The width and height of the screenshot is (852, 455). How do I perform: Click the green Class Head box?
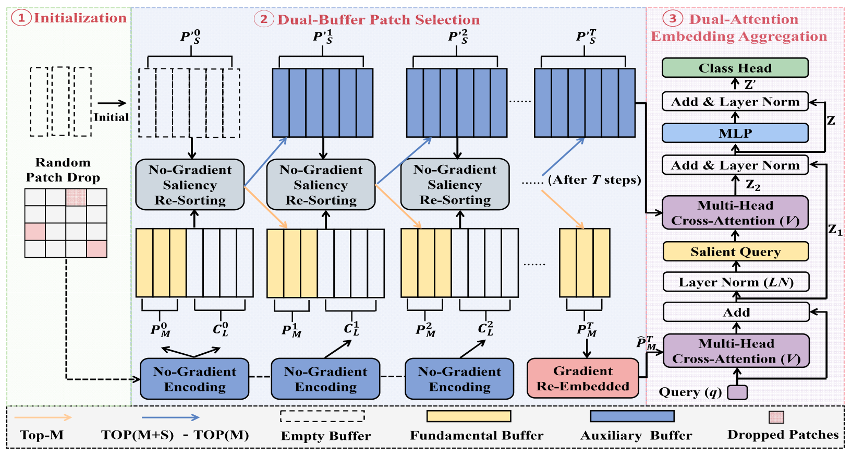[x=735, y=68]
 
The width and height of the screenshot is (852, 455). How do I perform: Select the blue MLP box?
[x=735, y=133]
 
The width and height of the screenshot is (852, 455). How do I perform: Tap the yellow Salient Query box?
[x=736, y=252]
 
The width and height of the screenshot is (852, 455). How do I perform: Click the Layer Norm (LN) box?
[x=736, y=282]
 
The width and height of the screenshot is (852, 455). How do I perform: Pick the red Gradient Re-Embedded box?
[x=583, y=378]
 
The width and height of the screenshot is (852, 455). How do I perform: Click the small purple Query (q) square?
[x=737, y=392]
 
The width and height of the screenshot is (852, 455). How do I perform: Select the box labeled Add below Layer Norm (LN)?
[x=736, y=312]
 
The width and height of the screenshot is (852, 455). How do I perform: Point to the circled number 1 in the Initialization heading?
[x=21, y=18]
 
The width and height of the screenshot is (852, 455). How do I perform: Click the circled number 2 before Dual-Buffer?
[x=264, y=19]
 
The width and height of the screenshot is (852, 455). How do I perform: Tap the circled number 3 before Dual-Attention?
[x=673, y=18]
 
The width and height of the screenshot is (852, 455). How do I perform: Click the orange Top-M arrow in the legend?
[x=43, y=417]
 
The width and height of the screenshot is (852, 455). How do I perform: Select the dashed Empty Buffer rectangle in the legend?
[x=323, y=416]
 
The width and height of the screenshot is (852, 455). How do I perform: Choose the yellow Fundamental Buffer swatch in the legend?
[x=469, y=416]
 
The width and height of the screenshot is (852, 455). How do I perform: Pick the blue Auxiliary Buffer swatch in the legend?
[x=632, y=416]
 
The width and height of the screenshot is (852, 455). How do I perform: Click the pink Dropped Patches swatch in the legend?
[x=777, y=417]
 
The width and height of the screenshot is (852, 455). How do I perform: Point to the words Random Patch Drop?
[x=63, y=170]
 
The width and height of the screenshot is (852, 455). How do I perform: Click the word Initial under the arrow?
[x=111, y=117]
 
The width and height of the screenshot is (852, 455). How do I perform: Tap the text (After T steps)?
[x=594, y=179]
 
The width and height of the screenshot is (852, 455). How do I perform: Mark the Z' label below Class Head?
[x=749, y=85]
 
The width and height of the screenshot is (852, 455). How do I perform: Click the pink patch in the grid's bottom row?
[x=96, y=249]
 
